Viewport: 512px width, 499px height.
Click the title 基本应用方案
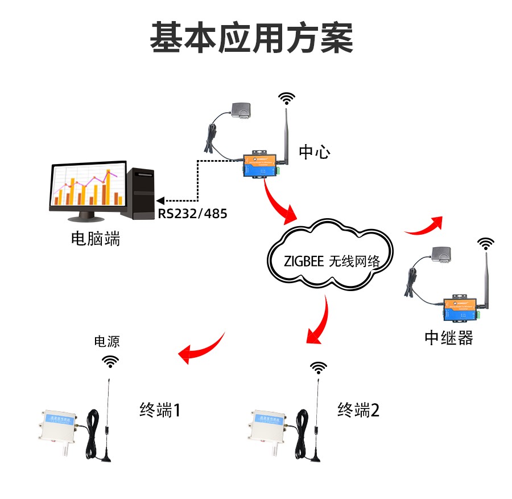coord(251,39)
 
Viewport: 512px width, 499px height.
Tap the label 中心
coord(314,152)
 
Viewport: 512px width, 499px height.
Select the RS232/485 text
coord(192,215)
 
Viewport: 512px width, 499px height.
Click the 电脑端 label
coord(96,238)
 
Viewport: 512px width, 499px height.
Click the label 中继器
coord(449,338)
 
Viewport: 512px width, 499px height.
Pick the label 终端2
coord(358,410)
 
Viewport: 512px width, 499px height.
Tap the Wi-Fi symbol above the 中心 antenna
coord(287,99)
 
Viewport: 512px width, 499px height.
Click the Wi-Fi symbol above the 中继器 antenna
coord(485,244)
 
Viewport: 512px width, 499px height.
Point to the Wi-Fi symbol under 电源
coord(111,361)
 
